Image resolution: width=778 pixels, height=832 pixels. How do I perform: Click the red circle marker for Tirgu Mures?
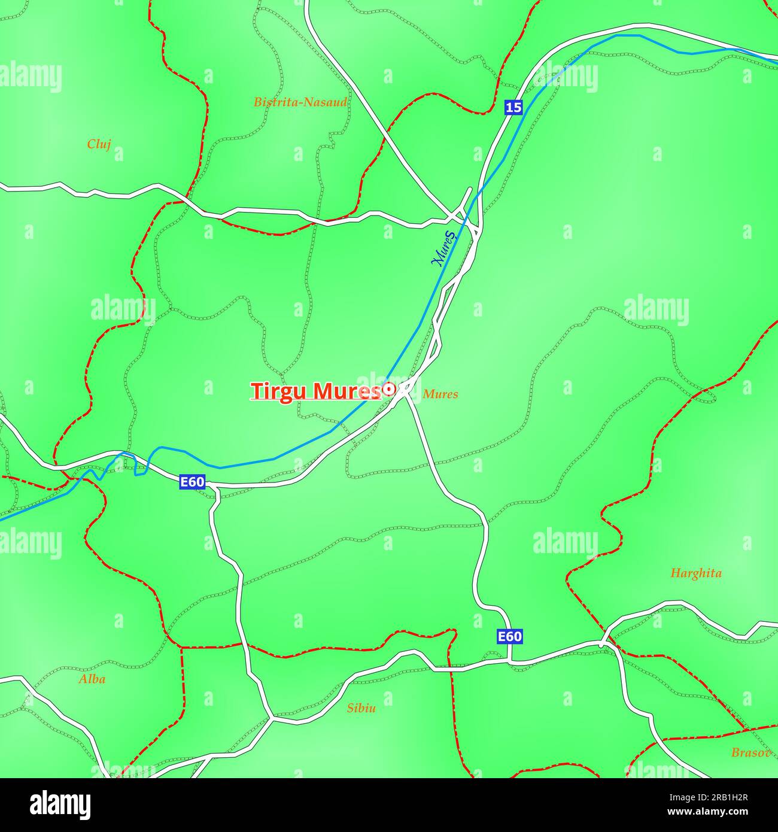pos(388,390)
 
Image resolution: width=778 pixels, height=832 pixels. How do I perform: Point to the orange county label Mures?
pos(440,394)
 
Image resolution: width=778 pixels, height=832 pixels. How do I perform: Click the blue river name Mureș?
pos(443,248)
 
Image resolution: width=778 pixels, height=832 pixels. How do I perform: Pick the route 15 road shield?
pos(513,108)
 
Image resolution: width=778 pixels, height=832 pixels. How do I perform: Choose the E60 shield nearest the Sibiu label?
pos(510,637)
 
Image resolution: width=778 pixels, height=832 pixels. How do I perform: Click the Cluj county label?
pos(99,144)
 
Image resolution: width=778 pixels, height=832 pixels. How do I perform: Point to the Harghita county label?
pos(695,573)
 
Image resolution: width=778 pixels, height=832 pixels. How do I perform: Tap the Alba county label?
pos(92,679)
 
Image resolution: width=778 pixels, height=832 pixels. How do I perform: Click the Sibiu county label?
pos(361,708)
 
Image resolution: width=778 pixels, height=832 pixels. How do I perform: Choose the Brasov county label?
pos(750,753)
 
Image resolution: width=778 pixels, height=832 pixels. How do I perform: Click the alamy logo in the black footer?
pos(60,805)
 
